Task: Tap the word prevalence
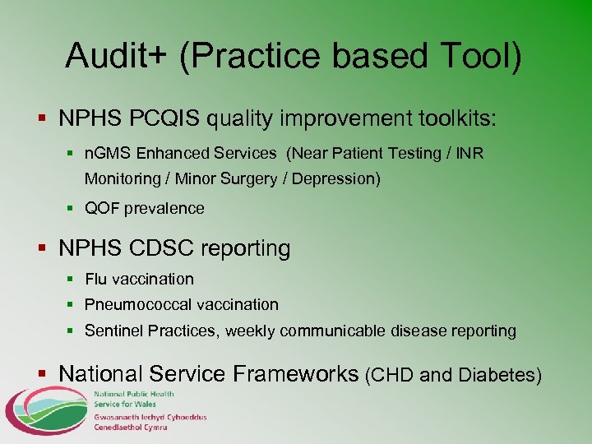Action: [164, 209]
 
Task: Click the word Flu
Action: [97, 280]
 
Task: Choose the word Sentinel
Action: [113, 331]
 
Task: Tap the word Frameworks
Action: [296, 374]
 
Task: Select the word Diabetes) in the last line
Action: [501, 376]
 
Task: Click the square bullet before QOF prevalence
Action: [71, 209]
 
